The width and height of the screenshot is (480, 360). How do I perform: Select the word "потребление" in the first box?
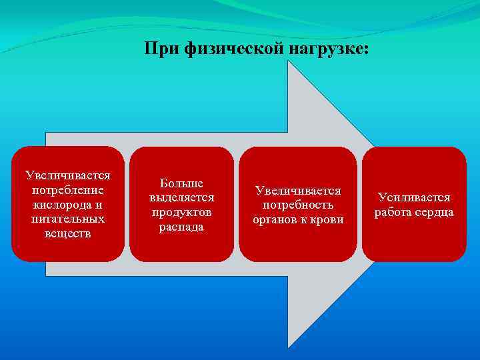click(x=68, y=190)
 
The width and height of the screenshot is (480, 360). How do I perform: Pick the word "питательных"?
click(x=68, y=219)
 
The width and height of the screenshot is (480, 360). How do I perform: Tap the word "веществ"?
click(x=68, y=233)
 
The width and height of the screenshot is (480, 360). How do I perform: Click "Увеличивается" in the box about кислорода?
click(x=68, y=176)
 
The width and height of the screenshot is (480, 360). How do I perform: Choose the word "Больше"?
click(x=181, y=183)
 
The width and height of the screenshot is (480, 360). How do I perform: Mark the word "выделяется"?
click(x=181, y=198)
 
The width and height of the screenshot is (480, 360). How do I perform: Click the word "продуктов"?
click(x=181, y=213)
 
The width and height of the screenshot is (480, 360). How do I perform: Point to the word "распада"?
click(x=181, y=227)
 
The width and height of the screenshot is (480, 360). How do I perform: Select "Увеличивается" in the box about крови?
click(x=298, y=191)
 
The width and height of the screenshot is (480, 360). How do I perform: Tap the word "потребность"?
click(x=298, y=205)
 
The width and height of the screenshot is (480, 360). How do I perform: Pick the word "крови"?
click(x=328, y=219)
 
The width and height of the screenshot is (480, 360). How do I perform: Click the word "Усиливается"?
click(x=414, y=198)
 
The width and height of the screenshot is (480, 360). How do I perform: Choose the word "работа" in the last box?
click(x=393, y=213)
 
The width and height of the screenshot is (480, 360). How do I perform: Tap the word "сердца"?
click(x=433, y=213)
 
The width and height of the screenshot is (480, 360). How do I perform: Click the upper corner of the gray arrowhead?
click(x=288, y=63)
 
